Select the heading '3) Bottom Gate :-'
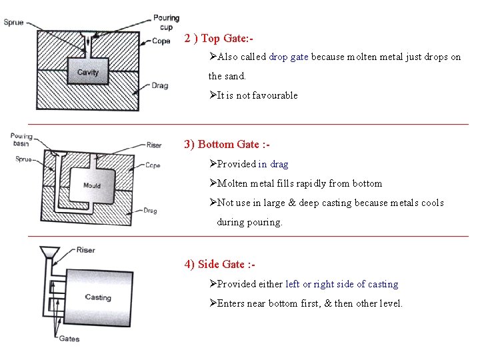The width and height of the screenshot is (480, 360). pos(227,144)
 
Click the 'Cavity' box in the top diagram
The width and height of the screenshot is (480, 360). pos(88,72)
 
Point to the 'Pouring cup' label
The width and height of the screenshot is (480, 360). pos(166,22)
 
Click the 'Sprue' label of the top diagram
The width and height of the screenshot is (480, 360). pos(13,22)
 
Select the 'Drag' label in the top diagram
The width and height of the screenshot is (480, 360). pos(159,86)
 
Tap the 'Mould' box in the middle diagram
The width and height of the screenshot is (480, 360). pos(92,185)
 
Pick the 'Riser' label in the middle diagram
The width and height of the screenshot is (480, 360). pos(154,145)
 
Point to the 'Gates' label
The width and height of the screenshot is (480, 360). pos(68,339)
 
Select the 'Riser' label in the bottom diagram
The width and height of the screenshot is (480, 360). pos(85,250)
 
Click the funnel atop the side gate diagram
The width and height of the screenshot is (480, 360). pos(48,253)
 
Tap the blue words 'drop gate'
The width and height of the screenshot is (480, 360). pos(289,57)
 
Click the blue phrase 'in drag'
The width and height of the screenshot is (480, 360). pos(273,164)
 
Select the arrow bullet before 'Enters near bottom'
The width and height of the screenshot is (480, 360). pos(213,303)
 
